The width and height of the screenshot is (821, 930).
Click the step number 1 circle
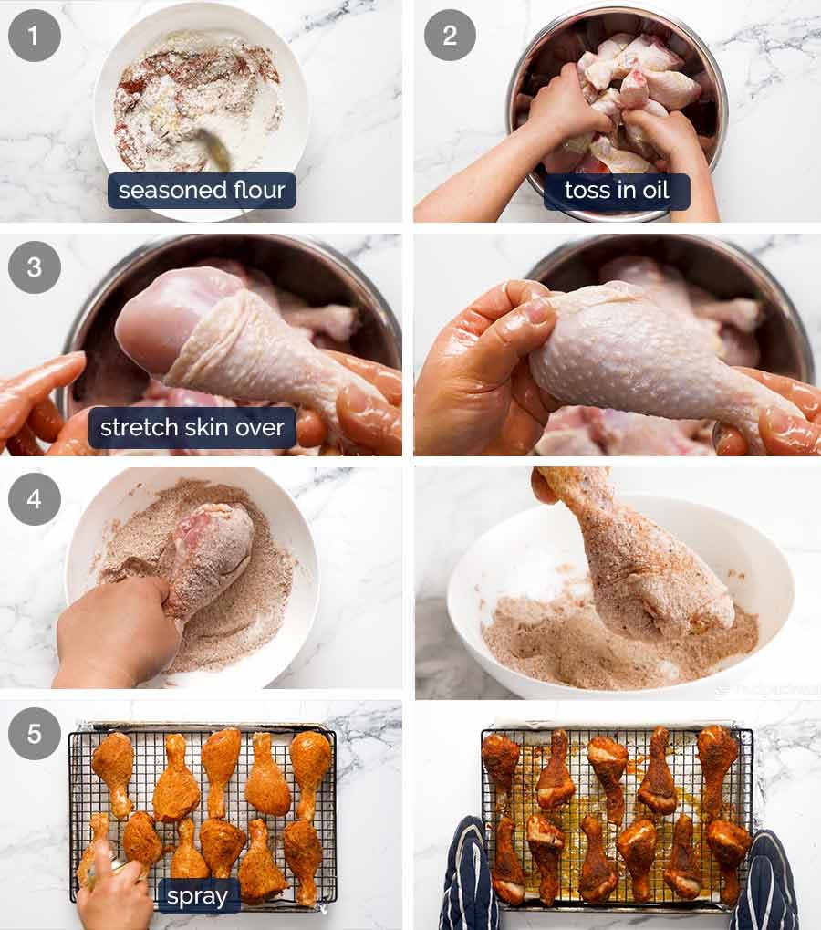point(35,36)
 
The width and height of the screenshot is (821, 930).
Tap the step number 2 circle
point(450,36)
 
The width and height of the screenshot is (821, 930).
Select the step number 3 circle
point(35,267)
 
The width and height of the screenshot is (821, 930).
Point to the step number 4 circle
point(35,500)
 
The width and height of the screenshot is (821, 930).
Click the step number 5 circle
point(35,733)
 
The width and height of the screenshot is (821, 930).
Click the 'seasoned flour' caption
point(202,191)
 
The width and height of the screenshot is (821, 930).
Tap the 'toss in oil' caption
point(617,191)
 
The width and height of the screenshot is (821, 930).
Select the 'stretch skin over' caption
point(192,427)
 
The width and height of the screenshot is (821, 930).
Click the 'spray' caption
point(197,896)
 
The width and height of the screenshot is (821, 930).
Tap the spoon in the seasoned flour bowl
point(215,151)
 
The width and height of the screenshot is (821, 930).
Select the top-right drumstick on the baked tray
point(717,762)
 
